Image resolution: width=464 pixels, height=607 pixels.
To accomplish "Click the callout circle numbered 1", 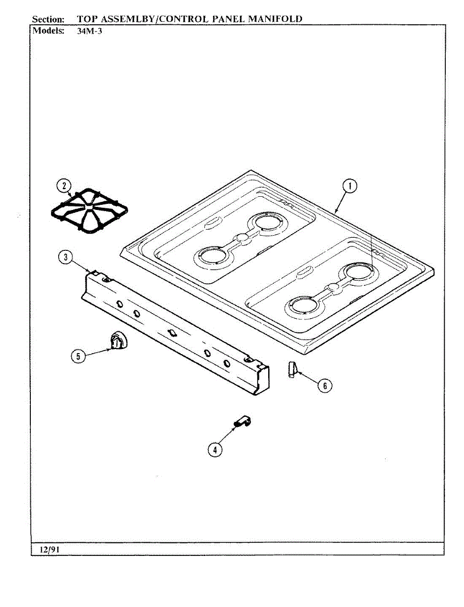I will click(x=349, y=187).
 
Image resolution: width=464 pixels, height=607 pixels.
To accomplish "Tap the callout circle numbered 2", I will click(x=64, y=186).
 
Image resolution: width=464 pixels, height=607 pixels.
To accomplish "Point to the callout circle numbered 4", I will click(x=216, y=449).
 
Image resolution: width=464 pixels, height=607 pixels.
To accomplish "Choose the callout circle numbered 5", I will click(x=78, y=356).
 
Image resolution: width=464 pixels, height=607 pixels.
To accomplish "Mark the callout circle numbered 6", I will click(x=324, y=385).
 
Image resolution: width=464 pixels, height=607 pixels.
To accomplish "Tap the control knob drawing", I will click(x=117, y=339).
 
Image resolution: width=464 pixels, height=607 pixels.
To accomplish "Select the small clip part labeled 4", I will click(x=242, y=422).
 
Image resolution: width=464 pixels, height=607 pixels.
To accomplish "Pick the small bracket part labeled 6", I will click(x=291, y=369).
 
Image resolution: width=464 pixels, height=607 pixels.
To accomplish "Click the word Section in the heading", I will click(x=48, y=19).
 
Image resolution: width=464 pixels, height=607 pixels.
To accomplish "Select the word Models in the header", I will click(x=49, y=30).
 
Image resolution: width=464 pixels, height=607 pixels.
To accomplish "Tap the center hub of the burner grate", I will click(x=89, y=209).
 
